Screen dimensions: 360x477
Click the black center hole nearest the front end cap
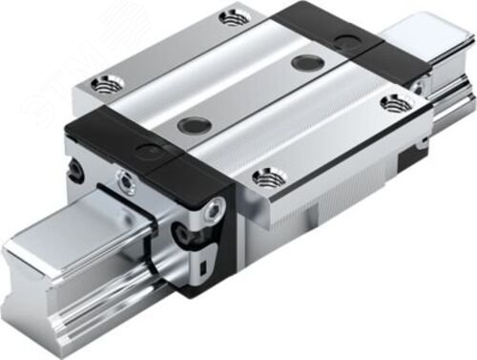point(194,123)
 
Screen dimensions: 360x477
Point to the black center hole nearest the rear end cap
point(306,63)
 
